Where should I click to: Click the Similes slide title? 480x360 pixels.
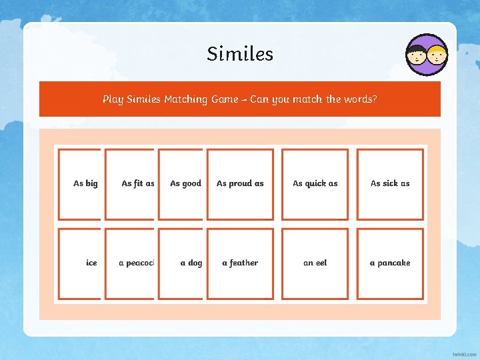(x=240, y=53)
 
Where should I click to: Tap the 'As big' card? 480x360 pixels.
(x=80, y=183)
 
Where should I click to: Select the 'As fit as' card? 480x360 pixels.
(x=131, y=183)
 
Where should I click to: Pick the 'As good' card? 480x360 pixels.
(x=181, y=183)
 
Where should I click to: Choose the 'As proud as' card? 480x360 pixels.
(x=240, y=183)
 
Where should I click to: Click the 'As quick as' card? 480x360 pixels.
(x=315, y=183)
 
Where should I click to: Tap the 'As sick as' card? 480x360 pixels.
(x=390, y=183)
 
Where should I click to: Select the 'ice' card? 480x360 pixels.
(x=80, y=263)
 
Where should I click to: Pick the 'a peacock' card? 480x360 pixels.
(x=131, y=263)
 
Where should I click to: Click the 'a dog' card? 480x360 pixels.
(x=181, y=263)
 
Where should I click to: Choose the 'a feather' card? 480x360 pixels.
(x=240, y=263)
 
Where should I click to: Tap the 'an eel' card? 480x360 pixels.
(x=315, y=263)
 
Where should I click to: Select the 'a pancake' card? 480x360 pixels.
(x=390, y=263)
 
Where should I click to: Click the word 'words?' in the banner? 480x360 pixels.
(x=361, y=99)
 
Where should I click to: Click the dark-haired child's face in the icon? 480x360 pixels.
(x=419, y=55)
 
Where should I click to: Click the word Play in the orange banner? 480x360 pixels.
(x=113, y=99)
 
